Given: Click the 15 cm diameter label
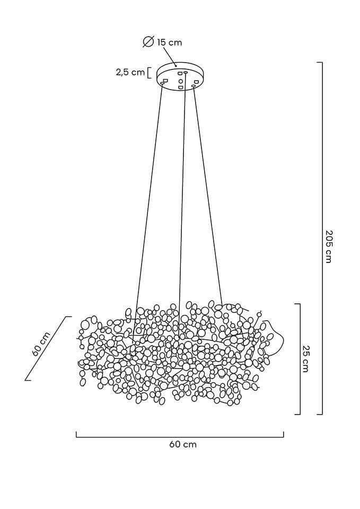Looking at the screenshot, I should pos(169,42).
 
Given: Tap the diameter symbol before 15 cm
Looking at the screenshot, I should pos(148,42).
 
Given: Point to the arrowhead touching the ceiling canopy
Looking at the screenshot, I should pos(175,65).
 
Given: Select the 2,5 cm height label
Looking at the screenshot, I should pos(130,73).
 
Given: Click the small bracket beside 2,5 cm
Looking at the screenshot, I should pos(149,73).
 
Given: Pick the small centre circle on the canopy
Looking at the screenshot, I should pos(181,81).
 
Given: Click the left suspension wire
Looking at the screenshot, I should pos(148,201).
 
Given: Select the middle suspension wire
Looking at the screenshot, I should pos(182,201).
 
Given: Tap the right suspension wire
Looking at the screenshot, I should pos(207,201).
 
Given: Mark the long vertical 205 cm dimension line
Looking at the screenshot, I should pos(321,239).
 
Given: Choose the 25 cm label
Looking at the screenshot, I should pos(306,358).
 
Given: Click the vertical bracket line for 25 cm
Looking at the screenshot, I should pos(300,358).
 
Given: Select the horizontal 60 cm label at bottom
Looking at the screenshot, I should pos(183,444).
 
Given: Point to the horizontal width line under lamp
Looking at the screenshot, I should pos(180,437).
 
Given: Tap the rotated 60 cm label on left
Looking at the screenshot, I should pos(41,345).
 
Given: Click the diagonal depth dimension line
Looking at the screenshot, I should pos(48,348).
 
